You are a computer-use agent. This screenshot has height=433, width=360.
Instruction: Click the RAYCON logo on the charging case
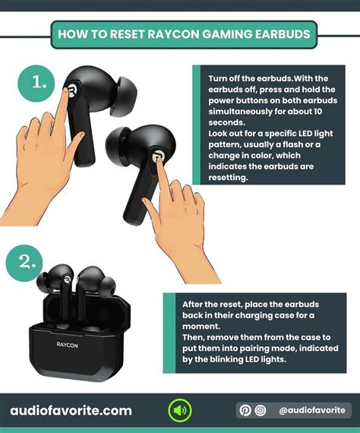tap(67, 343)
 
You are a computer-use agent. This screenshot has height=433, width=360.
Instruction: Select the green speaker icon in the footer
tap(179, 411)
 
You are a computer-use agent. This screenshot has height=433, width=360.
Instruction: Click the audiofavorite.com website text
tap(71, 411)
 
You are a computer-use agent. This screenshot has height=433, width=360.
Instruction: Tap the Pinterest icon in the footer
tap(245, 411)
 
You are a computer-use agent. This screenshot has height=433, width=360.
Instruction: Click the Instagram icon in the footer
tap(261, 411)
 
